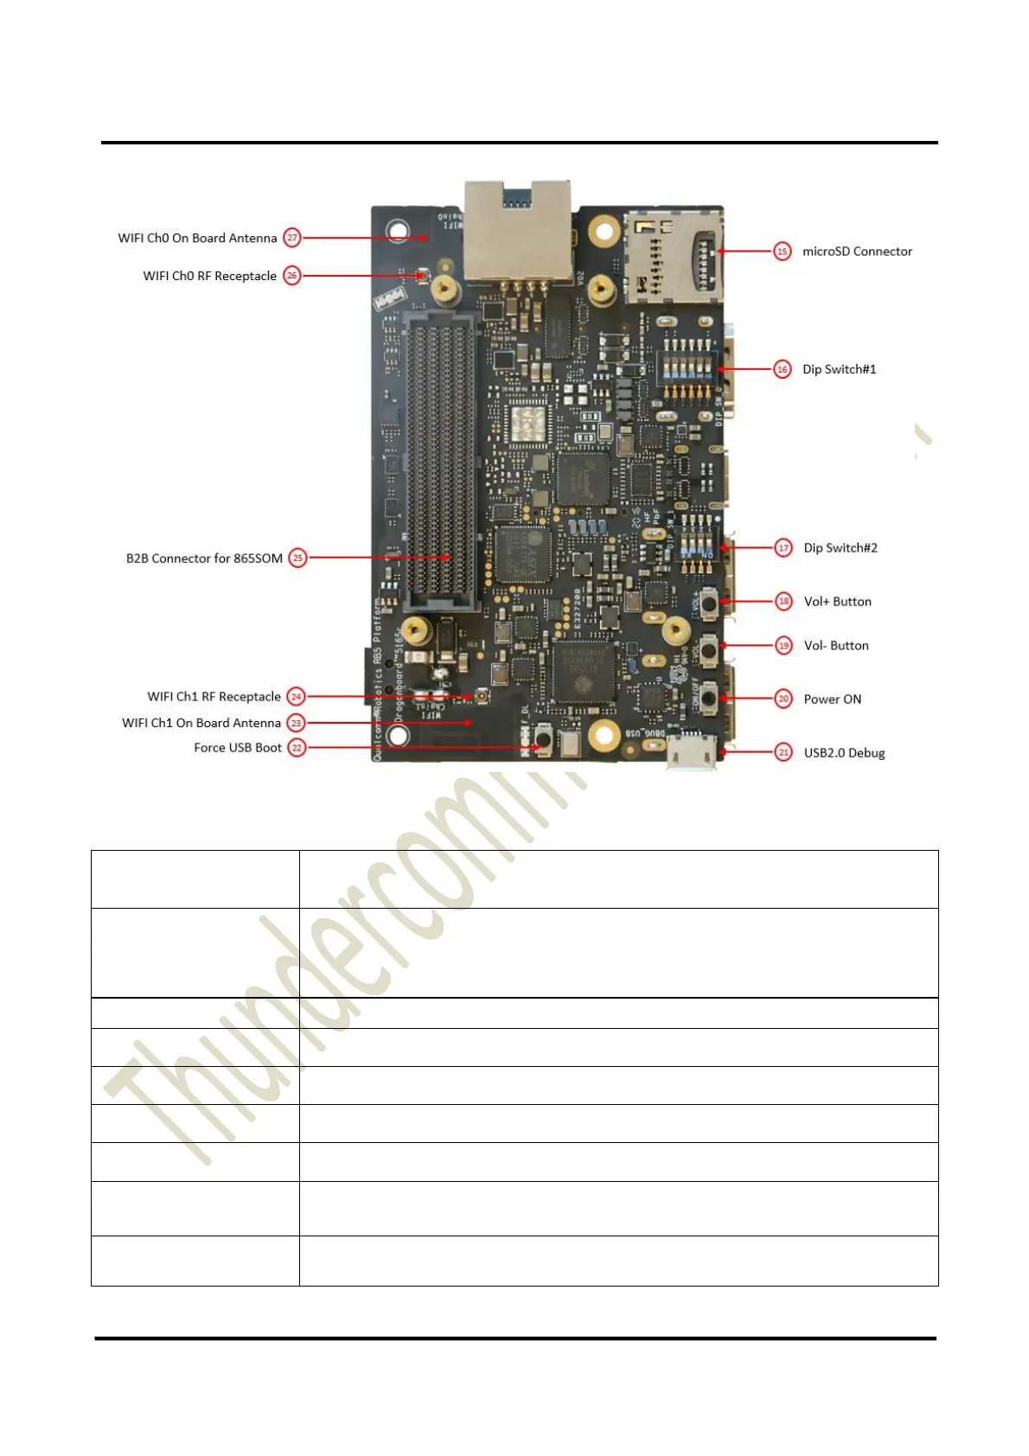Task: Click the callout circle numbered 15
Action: [782, 252]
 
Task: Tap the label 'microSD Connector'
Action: [857, 252]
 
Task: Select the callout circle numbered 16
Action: [782, 369]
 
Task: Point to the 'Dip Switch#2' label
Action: [840, 548]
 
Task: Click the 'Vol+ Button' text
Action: [837, 602]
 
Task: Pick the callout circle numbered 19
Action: [783, 646]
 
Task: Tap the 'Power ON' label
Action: [832, 699]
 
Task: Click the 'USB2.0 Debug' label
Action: [844, 753]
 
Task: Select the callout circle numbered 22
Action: [297, 748]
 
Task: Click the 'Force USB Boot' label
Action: [238, 748]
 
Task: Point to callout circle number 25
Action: [297, 559]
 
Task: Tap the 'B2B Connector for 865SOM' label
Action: [204, 559]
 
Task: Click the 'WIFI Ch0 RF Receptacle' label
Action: [210, 276]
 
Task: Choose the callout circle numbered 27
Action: [292, 238]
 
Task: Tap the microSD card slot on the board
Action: [674, 257]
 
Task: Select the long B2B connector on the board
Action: [440, 458]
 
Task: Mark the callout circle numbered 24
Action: [296, 697]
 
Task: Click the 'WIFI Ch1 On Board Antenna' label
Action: [201, 723]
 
